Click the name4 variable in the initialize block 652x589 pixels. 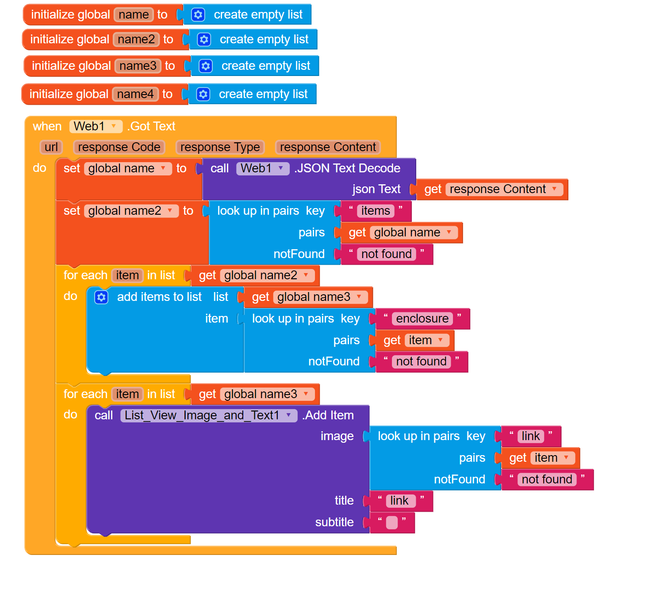(135, 94)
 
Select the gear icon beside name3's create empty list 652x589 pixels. (205, 66)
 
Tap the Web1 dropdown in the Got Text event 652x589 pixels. (96, 126)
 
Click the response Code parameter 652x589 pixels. (119, 147)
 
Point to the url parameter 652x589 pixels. (51, 147)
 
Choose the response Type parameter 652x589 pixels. (220, 147)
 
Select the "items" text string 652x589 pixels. (376, 211)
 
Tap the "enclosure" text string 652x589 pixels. (422, 319)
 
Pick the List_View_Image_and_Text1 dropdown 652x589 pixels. (208, 415)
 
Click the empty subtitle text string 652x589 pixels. (392, 523)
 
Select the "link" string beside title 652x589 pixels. (400, 501)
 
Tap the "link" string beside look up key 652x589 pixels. (530, 436)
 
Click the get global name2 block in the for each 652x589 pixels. (254, 276)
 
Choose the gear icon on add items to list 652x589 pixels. (101, 297)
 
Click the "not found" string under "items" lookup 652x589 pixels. (386, 254)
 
